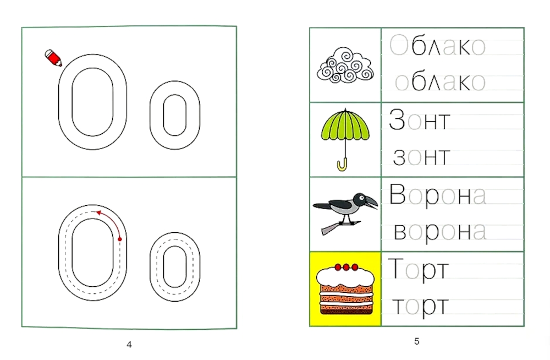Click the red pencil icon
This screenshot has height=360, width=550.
click(x=53, y=58)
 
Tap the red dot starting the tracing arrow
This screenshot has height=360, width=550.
click(x=119, y=239)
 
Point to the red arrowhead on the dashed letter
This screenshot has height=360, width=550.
click(x=99, y=212)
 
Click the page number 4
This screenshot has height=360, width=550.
click(x=129, y=345)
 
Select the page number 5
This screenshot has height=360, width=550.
click(x=417, y=341)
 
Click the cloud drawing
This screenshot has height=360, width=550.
click(x=345, y=66)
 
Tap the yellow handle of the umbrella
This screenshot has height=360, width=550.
click(x=342, y=165)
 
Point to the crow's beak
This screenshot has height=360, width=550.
click(x=371, y=201)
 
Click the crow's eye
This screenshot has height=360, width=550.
click(x=361, y=198)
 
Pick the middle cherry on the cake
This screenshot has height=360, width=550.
click(x=346, y=268)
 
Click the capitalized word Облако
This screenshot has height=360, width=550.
click(x=437, y=46)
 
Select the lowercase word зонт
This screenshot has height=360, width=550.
click(x=421, y=157)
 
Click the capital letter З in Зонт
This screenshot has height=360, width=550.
click(x=397, y=119)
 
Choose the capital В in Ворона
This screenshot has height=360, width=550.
click(x=398, y=194)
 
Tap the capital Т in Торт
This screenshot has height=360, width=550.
click(x=395, y=268)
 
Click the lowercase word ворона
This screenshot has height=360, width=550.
click(x=440, y=232)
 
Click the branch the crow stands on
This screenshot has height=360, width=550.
click(x=341, y=227)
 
